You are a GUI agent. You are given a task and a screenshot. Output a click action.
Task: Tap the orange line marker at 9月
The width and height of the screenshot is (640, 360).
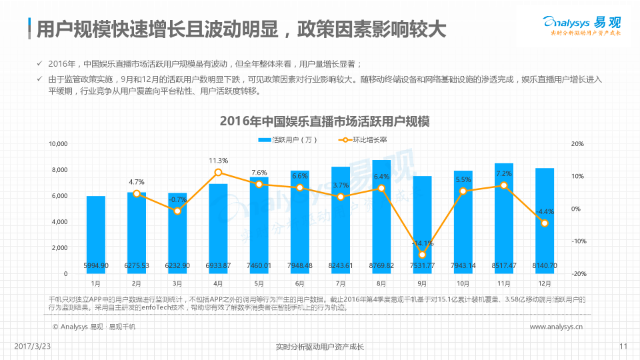(x=422, y=255)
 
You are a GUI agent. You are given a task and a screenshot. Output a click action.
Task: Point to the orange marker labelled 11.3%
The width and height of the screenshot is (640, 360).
(x=219, y=173)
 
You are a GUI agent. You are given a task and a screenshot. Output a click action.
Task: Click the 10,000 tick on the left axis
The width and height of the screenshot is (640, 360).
(x=59, y=144)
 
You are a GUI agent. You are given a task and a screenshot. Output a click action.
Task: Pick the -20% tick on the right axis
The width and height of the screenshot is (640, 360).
(x=577, y=274)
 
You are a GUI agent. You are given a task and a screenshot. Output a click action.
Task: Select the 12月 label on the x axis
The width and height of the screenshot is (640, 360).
(x=545, y=283)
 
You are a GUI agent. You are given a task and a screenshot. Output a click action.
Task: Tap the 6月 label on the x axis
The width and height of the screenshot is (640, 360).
(x=300, y=283)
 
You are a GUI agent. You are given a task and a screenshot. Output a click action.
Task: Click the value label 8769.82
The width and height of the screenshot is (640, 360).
(x=381, y=266)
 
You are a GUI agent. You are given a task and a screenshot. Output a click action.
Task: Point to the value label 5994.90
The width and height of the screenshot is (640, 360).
(x=96, y=266)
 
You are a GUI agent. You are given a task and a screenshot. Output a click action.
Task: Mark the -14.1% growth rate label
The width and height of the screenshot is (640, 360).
(x=422, y=243)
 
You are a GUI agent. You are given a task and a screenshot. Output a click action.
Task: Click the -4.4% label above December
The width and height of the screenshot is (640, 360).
(x=545, y=211)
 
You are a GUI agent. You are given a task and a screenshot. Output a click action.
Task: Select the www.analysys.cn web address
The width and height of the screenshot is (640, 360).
(x=556, y=327)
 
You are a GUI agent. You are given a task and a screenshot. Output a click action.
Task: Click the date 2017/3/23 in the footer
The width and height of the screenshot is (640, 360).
(x=33, y=346)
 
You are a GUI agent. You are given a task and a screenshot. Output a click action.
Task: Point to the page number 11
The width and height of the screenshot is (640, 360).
(x=623, y=346)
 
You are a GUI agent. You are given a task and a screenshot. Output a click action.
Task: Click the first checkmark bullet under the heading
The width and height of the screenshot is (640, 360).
(x=41, y=64)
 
